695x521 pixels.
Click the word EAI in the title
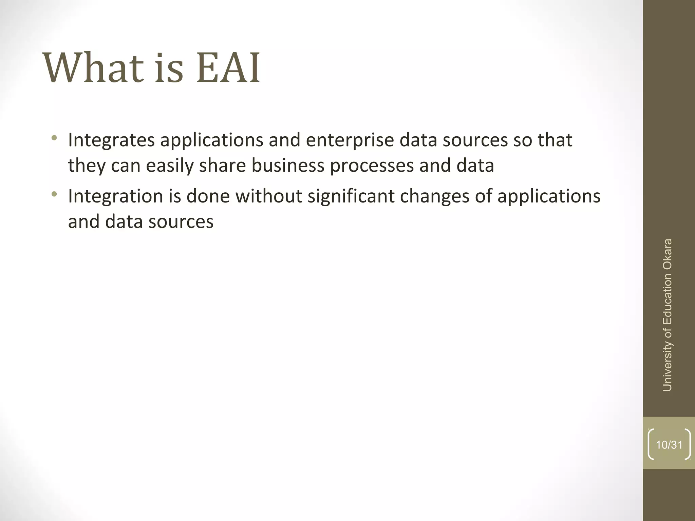(x=228, y=68)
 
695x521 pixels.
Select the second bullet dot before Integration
(x=54, y=194)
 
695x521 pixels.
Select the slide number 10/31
(x=669, y=445)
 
